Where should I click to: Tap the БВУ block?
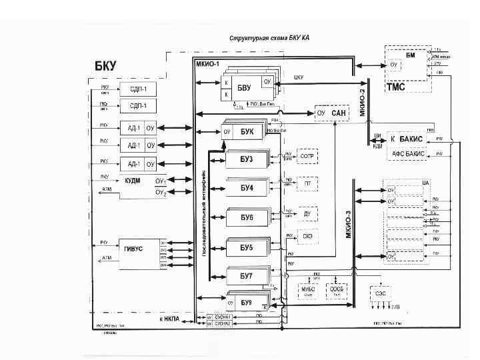244,87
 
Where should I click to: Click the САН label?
339,113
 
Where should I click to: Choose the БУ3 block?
247,159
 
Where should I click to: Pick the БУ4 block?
247,187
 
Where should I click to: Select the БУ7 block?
247,275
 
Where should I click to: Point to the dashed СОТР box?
307,156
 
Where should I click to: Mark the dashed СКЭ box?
307,235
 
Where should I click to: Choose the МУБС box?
308,290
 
